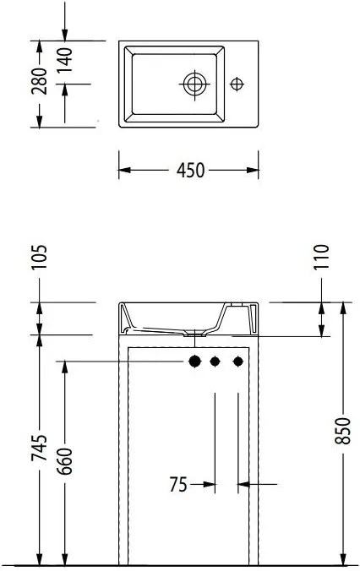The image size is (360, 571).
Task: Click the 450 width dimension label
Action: (190, 170)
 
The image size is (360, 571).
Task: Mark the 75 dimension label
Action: (177, 484)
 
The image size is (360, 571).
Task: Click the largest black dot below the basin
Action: (195, 362)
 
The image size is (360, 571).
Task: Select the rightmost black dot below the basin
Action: (238, 362)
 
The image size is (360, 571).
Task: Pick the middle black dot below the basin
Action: (215, 362)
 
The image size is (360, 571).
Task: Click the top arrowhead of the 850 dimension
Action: (344, 307)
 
